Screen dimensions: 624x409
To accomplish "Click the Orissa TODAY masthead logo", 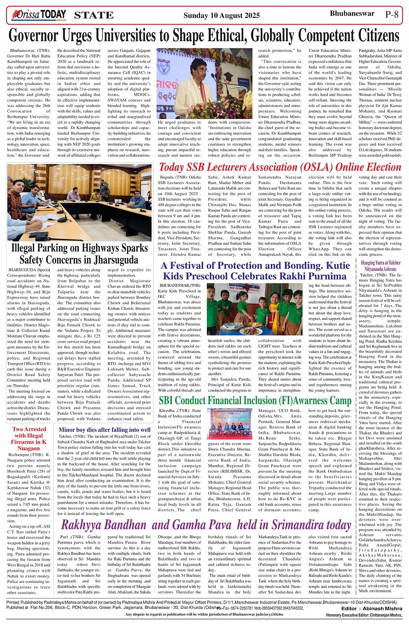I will [39, 15].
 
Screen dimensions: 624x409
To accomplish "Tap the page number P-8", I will [392, 14].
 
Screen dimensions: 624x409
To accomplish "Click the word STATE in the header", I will [93, 16].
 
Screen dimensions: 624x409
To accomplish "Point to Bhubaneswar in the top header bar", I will [352, 13].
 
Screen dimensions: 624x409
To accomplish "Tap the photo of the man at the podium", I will [204, 84].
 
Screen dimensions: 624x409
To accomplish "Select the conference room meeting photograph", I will [79, 202].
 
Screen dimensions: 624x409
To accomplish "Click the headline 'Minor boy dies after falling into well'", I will [105, 430].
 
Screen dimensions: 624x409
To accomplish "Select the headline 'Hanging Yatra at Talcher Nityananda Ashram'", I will [380, 266].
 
